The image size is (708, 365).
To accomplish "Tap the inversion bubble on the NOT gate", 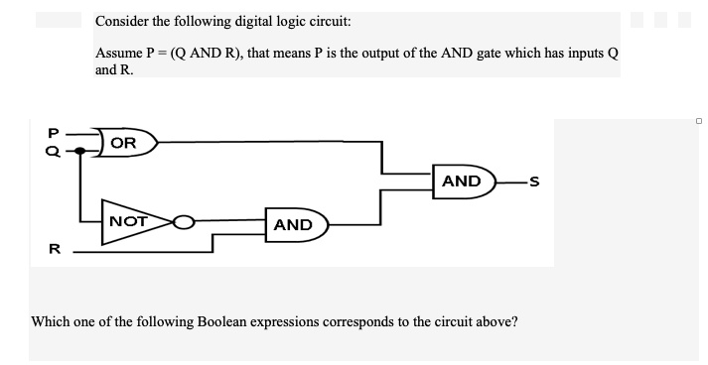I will pyautogui.click(x=184, y=222).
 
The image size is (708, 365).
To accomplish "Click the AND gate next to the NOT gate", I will pyautogui.click(x=296, y=225).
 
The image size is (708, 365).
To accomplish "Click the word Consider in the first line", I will pyautogui.click(x=126, y=21).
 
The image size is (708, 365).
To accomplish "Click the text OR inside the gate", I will pyautogui.click(x=123, y=143).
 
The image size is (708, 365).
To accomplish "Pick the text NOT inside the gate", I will pyautogui.click(x=129, y=220).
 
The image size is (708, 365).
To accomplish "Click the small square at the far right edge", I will pyautogui.click(x=699, y=121).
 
